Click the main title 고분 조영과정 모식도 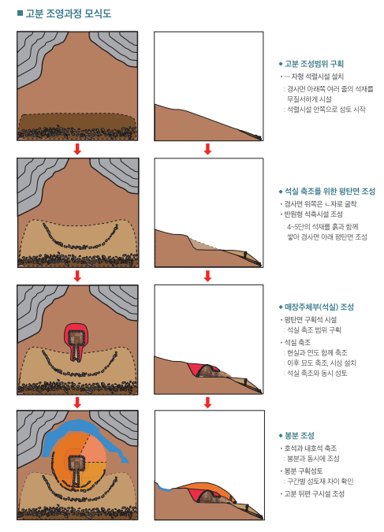pos(69,14)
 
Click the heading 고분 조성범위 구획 pos(314,64)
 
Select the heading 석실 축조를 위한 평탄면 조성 pos(330,192)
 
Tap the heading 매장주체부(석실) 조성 pos(319,307)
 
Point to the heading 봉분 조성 pos(299,435)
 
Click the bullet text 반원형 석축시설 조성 pos(313,214)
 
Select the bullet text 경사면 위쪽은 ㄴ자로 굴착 pos(320,204)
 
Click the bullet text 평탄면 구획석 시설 pos(311,320)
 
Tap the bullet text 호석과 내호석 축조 pos(311,448)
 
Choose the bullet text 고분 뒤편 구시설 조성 pos(314,493)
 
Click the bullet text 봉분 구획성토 pos(304,471)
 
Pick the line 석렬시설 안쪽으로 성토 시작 pos(326,110)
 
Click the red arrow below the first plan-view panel pos(77,149)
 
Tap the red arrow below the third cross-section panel pos(208,403)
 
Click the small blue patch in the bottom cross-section pos(164,488)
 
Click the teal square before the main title pos(20,13)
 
